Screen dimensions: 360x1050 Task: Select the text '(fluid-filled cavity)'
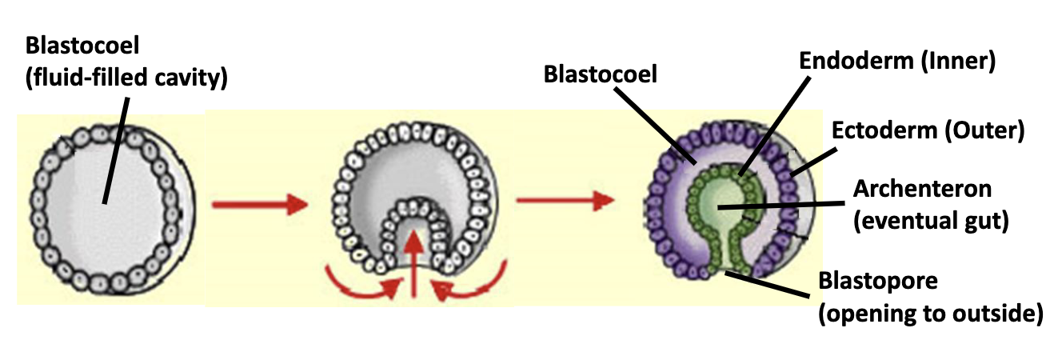(126, 78)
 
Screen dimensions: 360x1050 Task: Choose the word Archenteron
(923, 189)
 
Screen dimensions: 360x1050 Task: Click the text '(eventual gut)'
(926, 222)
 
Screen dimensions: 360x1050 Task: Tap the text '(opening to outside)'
(929, 314)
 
